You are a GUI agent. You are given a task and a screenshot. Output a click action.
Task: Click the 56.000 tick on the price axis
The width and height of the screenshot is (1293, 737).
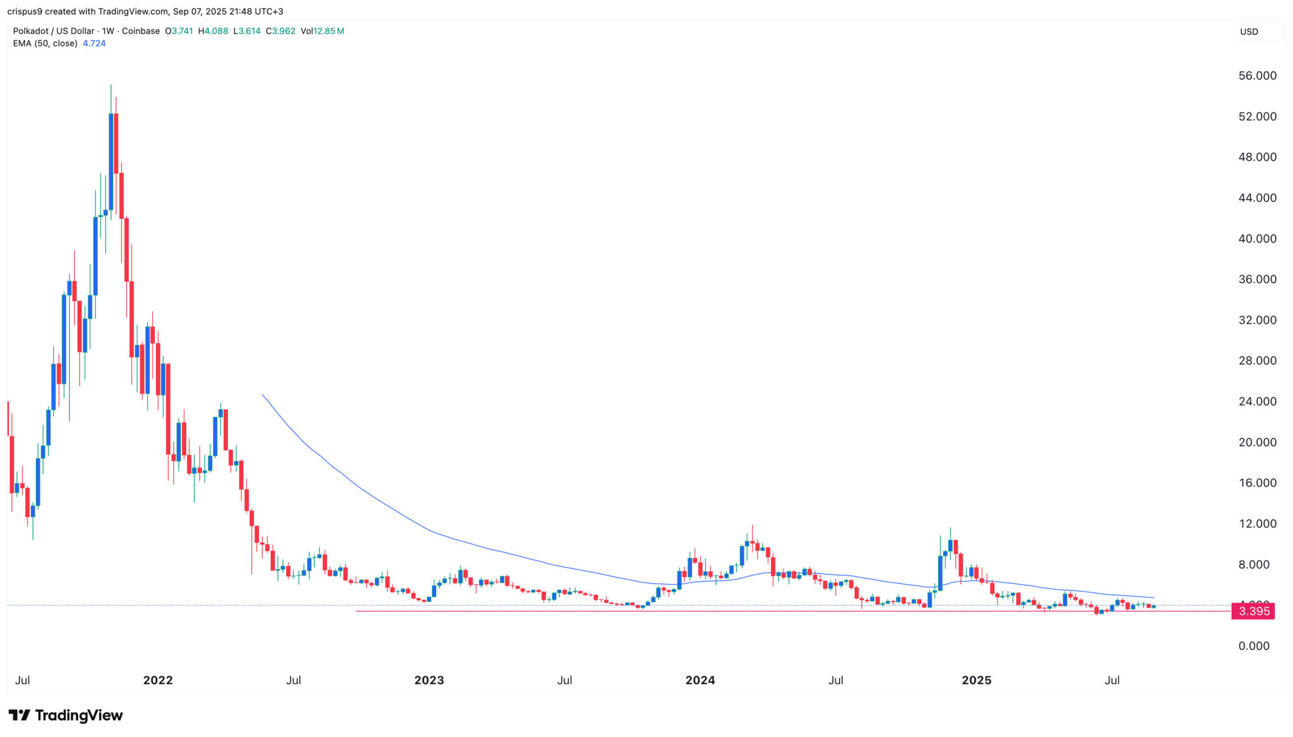[1257, 76]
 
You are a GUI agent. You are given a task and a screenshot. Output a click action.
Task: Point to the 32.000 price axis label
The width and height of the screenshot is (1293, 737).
[1257, 320]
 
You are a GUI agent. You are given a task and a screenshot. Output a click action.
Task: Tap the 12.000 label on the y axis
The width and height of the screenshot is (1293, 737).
[1257, 524]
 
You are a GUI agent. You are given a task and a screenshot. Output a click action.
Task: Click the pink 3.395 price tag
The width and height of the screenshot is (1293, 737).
[1253, 611]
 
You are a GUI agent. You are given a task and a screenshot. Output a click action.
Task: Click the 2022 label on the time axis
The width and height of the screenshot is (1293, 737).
[158, 680]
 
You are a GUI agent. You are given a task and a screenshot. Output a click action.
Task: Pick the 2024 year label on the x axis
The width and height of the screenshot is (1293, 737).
[700, 680]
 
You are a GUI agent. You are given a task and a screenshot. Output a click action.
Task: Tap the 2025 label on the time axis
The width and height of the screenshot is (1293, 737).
[976, 680]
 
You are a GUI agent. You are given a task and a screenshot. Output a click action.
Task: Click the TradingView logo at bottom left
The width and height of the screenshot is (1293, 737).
[66, 716]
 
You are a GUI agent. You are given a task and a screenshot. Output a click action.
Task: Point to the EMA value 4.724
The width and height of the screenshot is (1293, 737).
[94, 44]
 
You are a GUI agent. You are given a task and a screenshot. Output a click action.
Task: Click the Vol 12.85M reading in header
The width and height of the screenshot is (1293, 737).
[322, 31]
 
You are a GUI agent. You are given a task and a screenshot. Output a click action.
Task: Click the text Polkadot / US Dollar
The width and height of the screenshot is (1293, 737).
[54, 31]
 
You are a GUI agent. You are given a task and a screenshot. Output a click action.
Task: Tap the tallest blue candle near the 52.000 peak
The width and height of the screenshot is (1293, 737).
[111, 161]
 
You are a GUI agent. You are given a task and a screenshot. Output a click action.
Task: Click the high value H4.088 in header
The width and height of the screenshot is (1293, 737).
[213, 31]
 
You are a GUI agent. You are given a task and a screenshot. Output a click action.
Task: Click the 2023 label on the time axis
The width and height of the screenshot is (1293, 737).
[429, 680]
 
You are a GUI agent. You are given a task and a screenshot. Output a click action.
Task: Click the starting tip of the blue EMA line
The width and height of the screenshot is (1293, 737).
[263, 395]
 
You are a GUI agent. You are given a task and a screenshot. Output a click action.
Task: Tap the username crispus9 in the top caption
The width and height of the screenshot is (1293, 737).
[25, 11]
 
